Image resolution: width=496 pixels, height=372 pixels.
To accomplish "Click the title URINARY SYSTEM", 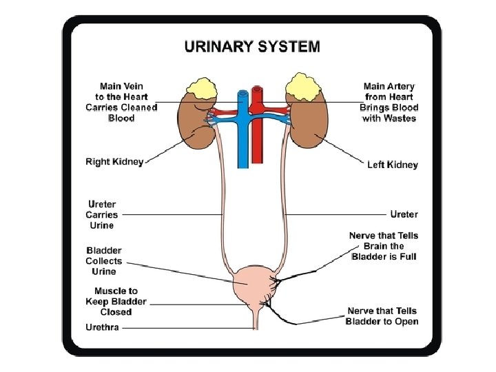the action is click(252, 47).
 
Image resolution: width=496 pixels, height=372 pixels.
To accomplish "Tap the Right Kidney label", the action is click(114, 162).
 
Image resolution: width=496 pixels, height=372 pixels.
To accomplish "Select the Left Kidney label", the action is click(393, 165).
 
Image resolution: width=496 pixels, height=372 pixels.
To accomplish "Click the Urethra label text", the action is click(102, 327).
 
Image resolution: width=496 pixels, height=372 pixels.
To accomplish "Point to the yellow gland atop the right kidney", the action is click(202, 89).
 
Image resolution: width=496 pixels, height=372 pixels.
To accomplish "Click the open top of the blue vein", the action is click(243, 94).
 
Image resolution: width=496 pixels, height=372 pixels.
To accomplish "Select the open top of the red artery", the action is click(257, 89).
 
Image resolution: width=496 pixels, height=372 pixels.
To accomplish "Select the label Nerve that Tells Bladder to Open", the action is click(382, 316).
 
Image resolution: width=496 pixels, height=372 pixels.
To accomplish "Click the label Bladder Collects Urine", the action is click(104, 261).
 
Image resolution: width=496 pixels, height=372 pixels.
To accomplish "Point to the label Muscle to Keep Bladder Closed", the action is click(116, 302).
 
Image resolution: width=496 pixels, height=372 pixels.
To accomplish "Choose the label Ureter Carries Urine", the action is click(102, 214).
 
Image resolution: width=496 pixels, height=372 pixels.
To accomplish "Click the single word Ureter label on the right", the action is click(404, 214).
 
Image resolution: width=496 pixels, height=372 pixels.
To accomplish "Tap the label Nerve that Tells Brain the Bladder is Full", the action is click(384, 246).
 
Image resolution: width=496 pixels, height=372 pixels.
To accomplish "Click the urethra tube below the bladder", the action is click(256, 320).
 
